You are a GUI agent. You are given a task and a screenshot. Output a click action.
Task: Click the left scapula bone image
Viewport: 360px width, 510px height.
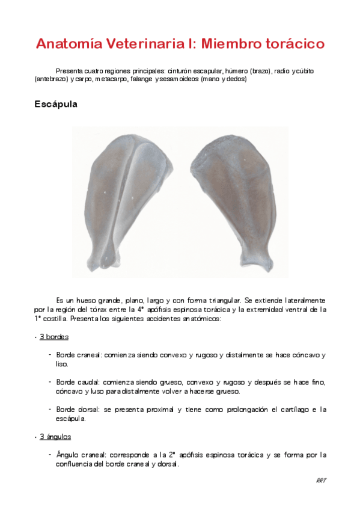(130, 198)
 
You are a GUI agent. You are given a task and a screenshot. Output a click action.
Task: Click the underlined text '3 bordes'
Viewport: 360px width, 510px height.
(54, 337)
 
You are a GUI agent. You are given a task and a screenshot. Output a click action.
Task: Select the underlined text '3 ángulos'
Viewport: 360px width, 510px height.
(55, 437)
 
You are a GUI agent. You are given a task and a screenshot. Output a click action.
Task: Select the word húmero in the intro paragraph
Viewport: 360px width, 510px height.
(238, 71)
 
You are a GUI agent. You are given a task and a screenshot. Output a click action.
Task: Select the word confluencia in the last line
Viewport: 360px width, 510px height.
(78, 464)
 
